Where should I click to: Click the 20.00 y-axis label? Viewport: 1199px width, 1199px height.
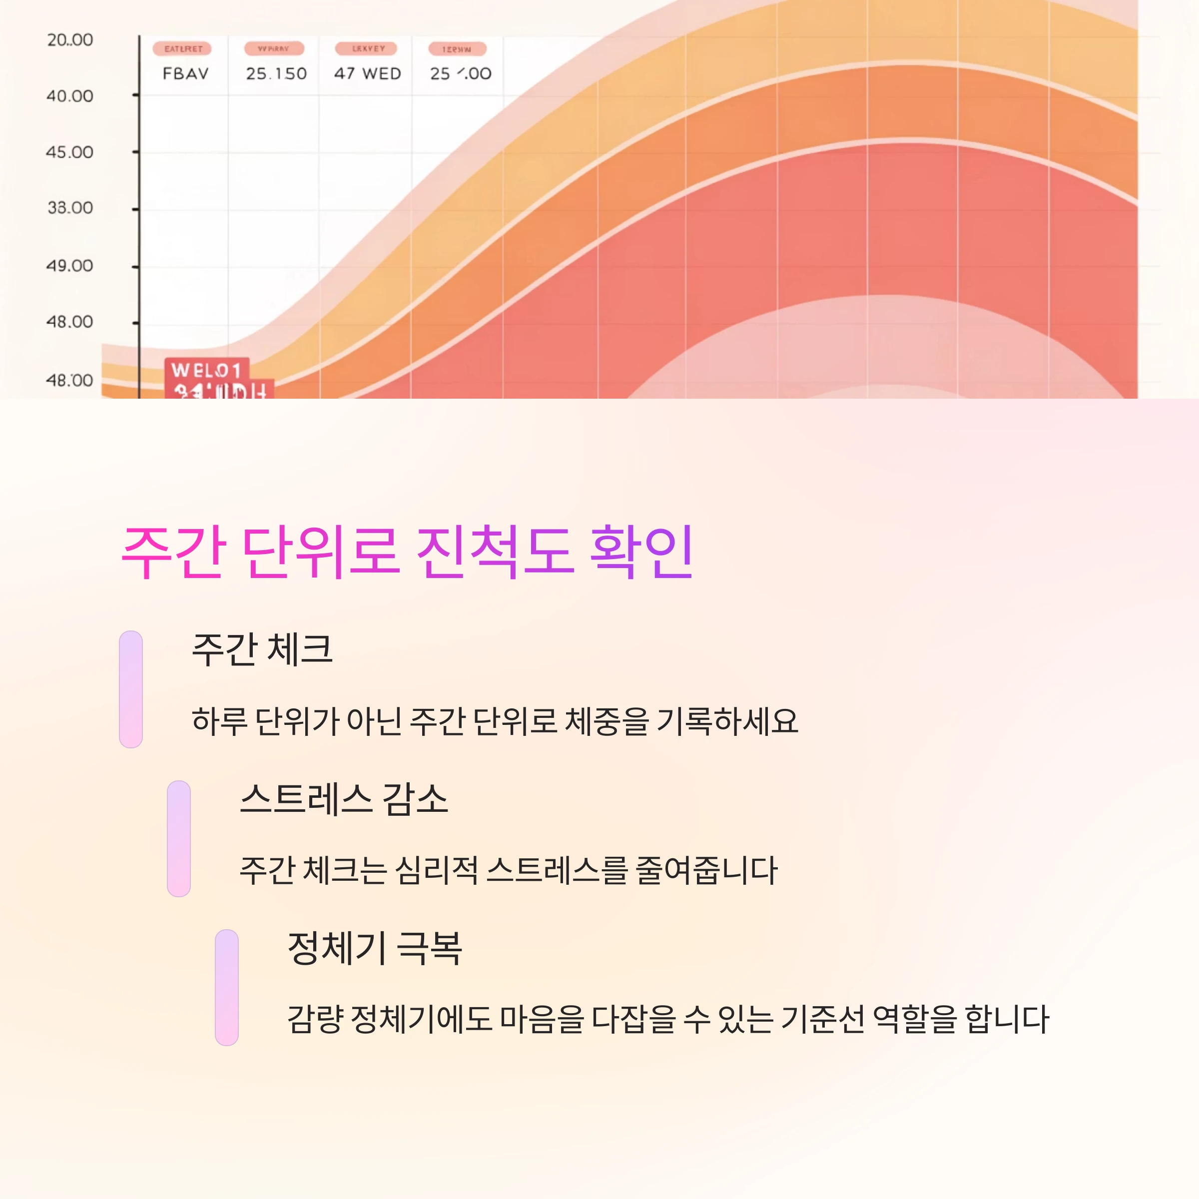[x=69, y=40]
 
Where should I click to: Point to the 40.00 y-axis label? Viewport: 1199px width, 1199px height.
[x=69, y=96]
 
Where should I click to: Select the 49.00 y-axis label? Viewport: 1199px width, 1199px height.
[x=69, y=266]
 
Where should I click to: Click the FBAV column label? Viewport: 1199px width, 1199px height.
[x=185, y=74]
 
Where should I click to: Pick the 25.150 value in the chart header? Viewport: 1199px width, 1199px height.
[x=276, y=74]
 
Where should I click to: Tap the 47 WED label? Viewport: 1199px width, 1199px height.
[x=367, y=74]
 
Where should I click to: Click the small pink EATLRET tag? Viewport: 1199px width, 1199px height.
[x=183, y=48]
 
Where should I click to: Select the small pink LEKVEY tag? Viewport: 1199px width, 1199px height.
[x=368, y=48]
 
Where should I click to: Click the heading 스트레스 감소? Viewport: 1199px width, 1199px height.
[x=344, y=799]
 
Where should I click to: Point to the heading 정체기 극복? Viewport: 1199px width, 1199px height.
[x=375, y=948]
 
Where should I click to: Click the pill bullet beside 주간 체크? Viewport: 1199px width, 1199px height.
[x=131, y=689]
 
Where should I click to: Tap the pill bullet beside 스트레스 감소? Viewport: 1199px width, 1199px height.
[x=179, y=838]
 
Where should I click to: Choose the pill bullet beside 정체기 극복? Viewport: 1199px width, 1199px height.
[x=226, y=987]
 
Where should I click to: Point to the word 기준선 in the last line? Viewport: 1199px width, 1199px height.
[x=822, y=1019]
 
